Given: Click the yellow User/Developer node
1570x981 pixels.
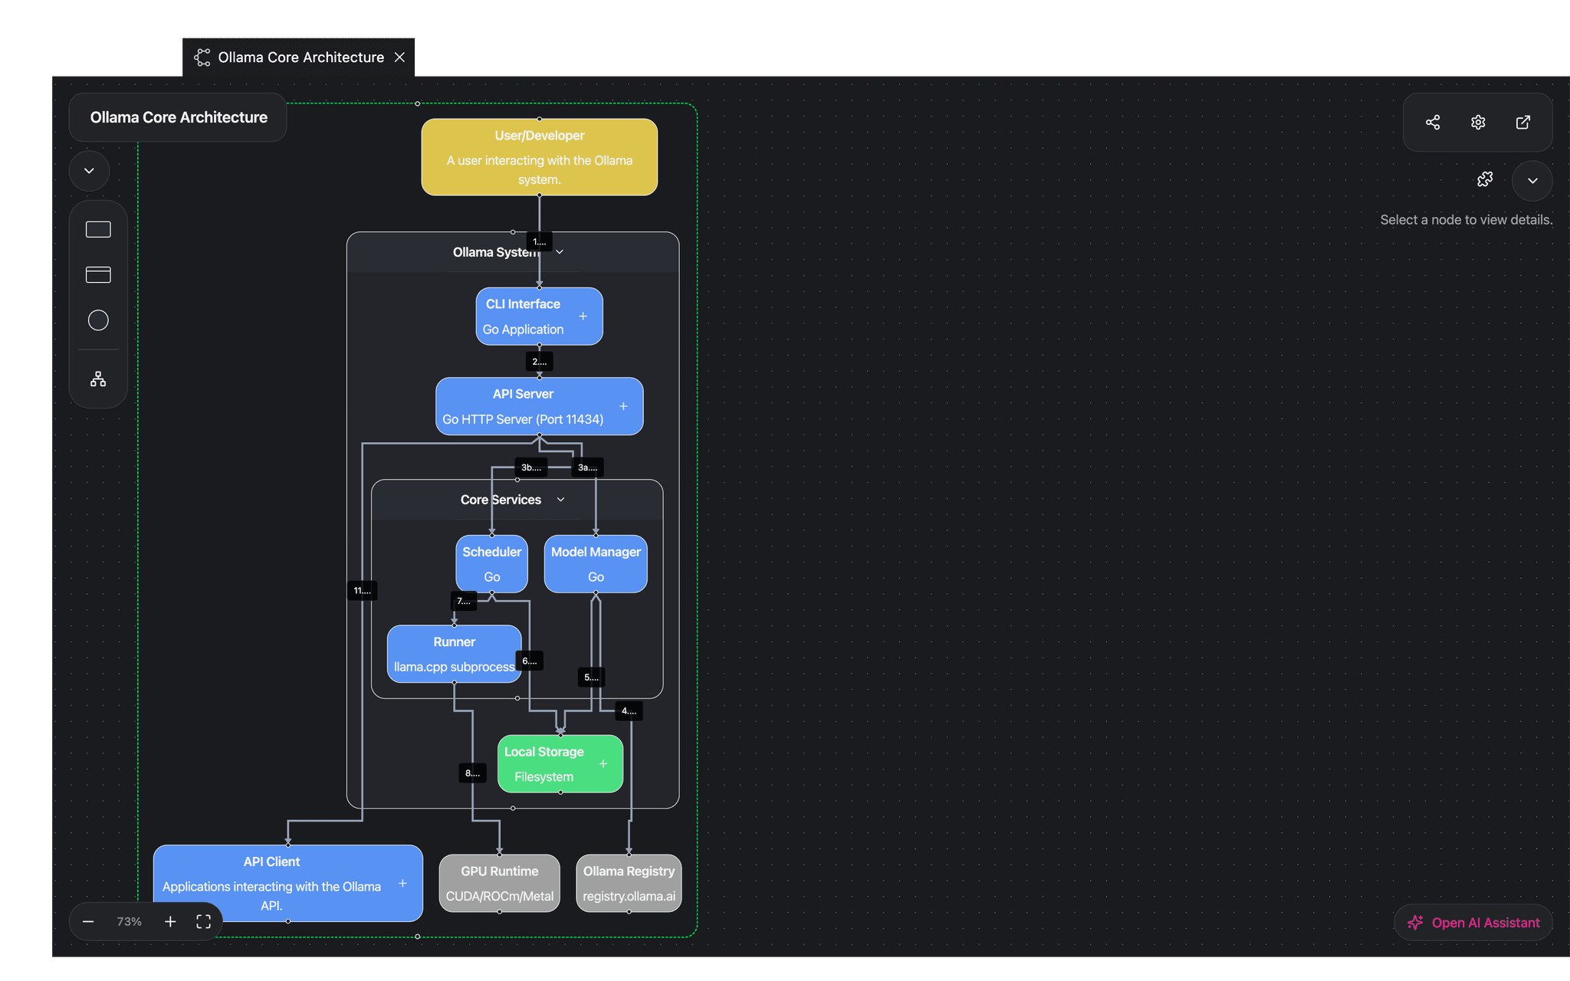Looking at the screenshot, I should pos(539,157).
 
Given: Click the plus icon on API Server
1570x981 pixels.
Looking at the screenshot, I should pos(623,406).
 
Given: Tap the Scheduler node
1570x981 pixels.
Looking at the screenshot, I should pos(491,564).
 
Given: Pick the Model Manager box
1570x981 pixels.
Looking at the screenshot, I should pos(596,564).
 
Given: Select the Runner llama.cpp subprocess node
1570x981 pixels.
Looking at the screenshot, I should pos(454,654).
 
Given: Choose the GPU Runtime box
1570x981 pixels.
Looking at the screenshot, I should pos(499,883).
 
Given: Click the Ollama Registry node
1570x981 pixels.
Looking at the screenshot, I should pos(629,883).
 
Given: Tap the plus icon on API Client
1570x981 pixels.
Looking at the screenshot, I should pos(402,884).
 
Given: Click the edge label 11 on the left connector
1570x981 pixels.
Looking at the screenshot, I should pos(362,590).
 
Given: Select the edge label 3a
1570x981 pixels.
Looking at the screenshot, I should pos(587,468).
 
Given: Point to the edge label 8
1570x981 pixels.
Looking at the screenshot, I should pos(472,773).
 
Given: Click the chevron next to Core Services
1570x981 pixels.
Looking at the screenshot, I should pos(560,500).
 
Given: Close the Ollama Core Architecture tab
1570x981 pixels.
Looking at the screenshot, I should pos(399,57).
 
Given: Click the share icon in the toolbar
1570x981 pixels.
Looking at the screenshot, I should pos(1433,123).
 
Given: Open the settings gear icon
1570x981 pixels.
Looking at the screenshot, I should pos(1478,123).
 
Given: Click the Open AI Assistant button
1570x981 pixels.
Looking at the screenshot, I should pos(1473,923).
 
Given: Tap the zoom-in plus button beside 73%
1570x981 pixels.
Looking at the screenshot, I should pos(170,921).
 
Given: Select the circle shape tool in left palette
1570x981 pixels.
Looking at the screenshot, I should pos(98,320).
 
